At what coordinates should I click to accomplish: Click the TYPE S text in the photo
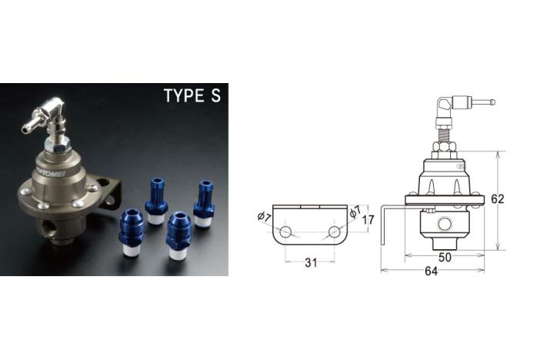(x=192, y=95)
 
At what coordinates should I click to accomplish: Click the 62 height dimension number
(x=497, y=198)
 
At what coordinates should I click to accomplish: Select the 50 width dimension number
(x=445, y=257)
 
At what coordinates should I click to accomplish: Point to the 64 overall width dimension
(x=432, y=271)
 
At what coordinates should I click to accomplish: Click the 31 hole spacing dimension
(x=311, y=263)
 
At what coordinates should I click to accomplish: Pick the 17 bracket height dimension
(x=368, y=219)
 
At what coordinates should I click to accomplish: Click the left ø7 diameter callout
(x=264, y=217)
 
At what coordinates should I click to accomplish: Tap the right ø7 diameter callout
(x=355, y=212)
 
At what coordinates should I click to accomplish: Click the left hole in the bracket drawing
(x=285, y=232)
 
